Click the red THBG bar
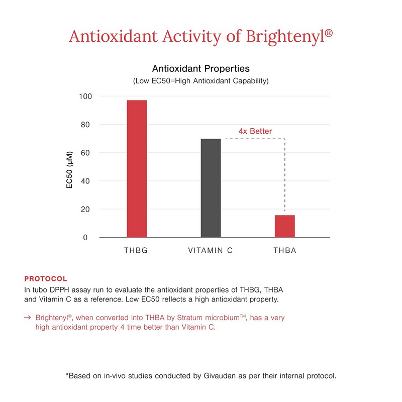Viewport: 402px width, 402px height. click(137, 168)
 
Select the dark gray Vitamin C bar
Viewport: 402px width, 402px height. click(211, 187)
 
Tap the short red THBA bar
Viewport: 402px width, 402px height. click(284, 226)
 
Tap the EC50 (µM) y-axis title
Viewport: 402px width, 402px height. click(70, 168)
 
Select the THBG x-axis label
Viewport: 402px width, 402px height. click(136, 250)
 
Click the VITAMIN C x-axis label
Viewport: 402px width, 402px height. click(211, 250)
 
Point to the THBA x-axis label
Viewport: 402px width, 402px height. click(284, 250)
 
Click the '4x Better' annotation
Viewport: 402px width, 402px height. click(255, 132)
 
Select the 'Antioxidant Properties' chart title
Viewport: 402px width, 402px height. click(200, 68)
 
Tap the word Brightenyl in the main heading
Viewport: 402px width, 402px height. click(284, 37)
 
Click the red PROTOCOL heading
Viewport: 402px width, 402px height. click(46, 278)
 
